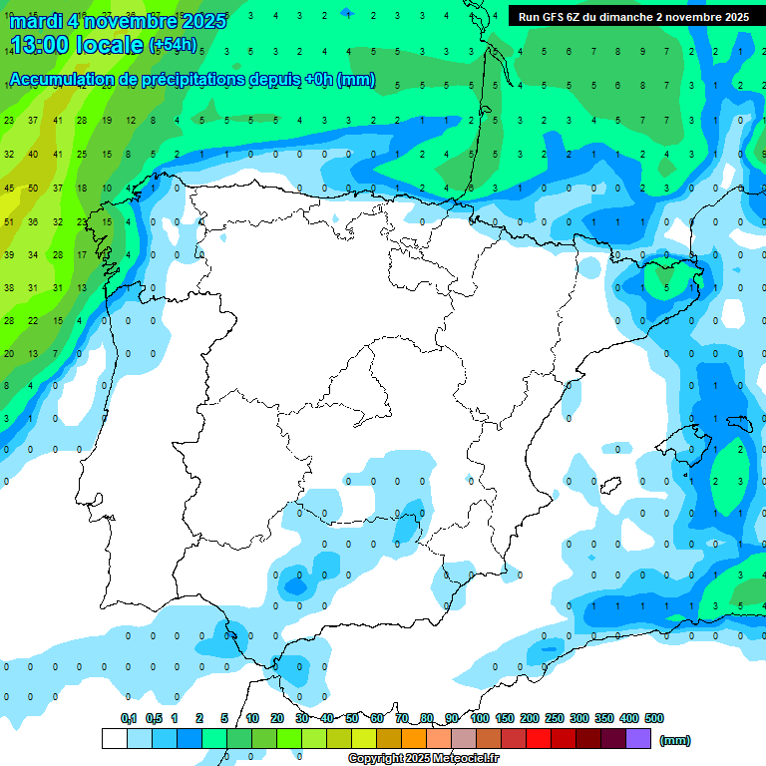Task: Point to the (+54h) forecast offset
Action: (173, 45)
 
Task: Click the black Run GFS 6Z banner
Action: (633, 17)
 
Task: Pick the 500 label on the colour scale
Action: (654, 718)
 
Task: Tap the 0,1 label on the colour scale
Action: (129, 718)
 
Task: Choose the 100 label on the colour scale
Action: (480, 718)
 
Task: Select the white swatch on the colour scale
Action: (114, 738)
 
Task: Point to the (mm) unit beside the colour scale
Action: (675, 740)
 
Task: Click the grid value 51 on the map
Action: (9, 221)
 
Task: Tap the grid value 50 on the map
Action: (33, 188)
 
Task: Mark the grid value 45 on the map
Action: (9, 188)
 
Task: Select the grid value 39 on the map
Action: (9, 254)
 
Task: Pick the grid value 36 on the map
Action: (33, 221)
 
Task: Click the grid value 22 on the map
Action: (33, 320)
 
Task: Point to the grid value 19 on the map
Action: (106, 121)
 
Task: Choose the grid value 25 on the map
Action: (82, 154)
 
